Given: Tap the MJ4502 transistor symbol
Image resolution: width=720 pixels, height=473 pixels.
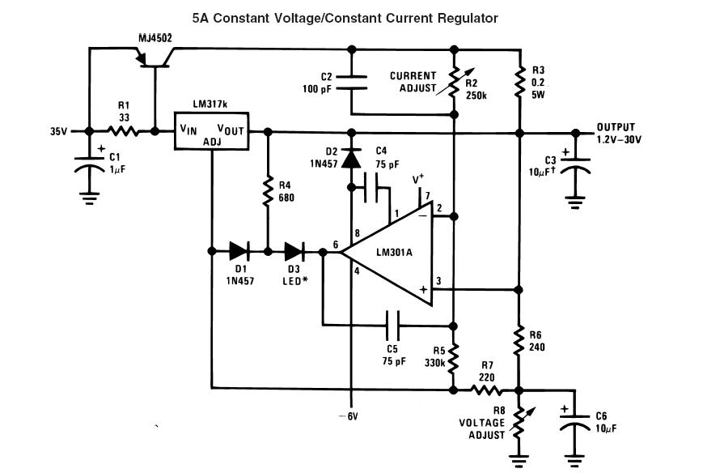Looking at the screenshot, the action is point(155,60).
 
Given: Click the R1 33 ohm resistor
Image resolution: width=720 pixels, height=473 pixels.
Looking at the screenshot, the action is point(123,131).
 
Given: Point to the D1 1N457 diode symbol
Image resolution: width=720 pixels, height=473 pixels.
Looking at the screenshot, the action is point(239,251).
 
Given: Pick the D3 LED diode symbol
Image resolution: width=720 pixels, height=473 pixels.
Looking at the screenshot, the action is point(294,251).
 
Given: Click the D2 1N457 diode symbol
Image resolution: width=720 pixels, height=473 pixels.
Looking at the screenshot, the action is point(351,159).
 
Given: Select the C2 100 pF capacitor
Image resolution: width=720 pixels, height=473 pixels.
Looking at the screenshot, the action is point(351,82).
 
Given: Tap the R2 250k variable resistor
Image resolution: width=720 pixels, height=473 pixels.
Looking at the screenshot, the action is point(454,82).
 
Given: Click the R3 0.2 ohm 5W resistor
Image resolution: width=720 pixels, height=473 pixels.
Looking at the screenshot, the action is point(519,83).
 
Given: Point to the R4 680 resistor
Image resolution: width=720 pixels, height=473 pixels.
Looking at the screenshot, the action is point(268,191).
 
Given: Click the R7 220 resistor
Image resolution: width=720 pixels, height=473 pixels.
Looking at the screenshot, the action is point(486,390).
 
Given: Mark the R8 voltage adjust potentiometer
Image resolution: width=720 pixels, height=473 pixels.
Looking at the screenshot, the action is point(519,422).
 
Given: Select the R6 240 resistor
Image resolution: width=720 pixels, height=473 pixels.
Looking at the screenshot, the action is point(519,340).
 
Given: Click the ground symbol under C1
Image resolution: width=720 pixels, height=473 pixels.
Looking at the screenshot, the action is point(89,198).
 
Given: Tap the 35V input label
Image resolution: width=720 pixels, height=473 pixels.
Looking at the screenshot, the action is point(59,131).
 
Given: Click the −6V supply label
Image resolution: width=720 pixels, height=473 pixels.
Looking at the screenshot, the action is point(348,416).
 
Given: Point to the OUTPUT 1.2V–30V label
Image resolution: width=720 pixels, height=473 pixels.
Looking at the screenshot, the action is point(619,134).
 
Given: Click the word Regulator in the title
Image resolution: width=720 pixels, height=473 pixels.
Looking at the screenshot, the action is point(468,18).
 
